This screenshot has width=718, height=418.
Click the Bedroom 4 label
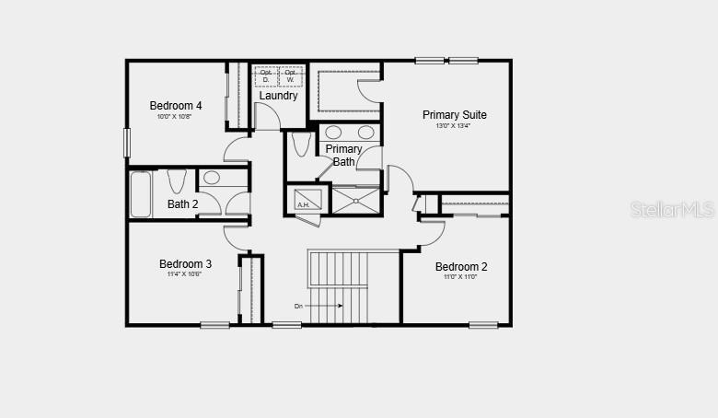(176, 106)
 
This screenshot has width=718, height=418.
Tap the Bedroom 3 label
(185, 264)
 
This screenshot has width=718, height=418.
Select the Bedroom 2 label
(461, 267)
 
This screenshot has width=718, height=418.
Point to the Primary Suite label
(454, 115)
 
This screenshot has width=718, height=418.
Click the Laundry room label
(278, 96)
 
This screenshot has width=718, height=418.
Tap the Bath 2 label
(182, 204)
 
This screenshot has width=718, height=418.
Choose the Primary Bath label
(343, 155)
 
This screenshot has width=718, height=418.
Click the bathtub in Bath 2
(140, 194)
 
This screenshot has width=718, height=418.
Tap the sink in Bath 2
(212, 178)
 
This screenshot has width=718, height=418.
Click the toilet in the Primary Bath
(300, 145)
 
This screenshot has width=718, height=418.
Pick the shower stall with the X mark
(355, 200)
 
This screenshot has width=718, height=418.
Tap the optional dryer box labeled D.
(266, 76)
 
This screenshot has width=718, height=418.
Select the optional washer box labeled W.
(292, 76)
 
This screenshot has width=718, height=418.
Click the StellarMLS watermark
(671, 210)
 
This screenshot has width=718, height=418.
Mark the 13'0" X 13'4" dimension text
(454, 126)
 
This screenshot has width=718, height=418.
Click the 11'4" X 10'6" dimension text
(185, 274)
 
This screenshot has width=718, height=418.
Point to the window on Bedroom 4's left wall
(127, 142)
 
